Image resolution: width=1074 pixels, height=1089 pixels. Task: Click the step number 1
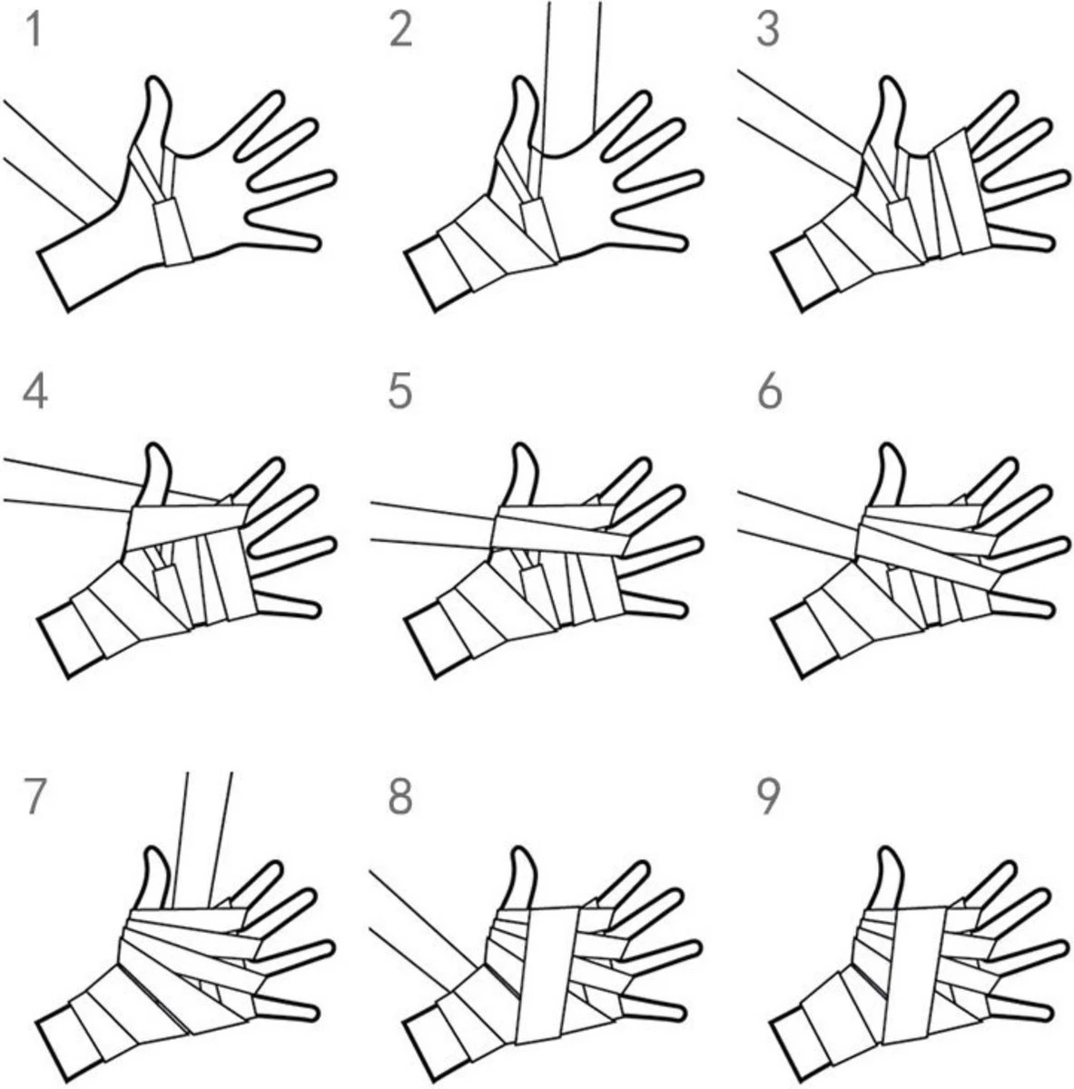tap(34, 31)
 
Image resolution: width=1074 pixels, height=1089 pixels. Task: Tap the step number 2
tap(400, 31)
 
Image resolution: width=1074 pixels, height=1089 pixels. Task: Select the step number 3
tap(768, 31)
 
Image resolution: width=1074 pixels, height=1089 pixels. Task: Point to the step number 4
tap(35, 394)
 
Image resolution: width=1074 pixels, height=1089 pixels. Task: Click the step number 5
tap(399, 394)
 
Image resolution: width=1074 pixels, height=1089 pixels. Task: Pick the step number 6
tap(769, 394)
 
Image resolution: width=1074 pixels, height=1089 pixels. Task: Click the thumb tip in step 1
tap(157, 79)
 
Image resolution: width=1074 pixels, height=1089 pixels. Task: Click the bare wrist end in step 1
tap(54, 280)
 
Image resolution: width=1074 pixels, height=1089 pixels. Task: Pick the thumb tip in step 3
tap(891, 82)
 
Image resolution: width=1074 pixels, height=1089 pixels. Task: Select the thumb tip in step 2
tap(524, 82)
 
